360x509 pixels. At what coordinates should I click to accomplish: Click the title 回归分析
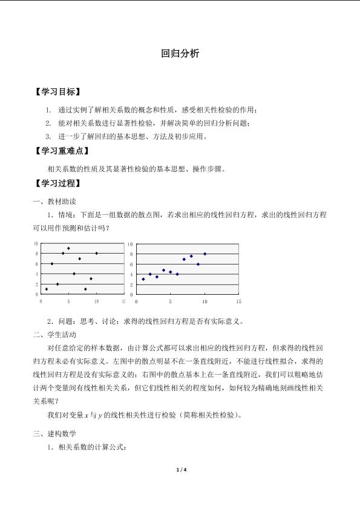pos(180,54)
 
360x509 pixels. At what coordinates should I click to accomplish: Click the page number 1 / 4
pos(180,470)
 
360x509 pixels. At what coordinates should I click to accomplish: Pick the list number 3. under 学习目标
pos(48,137)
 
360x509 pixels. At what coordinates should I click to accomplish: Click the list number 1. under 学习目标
pos(48,110)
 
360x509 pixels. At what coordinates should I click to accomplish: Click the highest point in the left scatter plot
pos(68,248)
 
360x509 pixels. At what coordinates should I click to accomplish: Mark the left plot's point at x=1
pos(47,289)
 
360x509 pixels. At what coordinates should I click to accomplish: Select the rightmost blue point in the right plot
pos(205,254)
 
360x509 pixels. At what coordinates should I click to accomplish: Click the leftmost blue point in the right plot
pos(143,279)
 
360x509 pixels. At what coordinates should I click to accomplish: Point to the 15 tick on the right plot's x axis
pos(238,301)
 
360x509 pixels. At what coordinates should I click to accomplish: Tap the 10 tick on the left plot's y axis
pos(36,243)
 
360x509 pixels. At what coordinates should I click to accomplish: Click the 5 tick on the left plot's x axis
pos(68,301)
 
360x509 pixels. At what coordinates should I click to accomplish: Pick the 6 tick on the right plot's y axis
pos(131,264)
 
